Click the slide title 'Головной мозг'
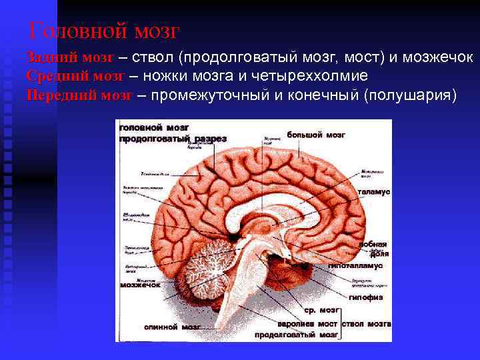tap(105, 31)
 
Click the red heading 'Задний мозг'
tap(70, 58)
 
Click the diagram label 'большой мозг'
tap(315, 135)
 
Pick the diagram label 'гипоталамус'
tap(355, 265)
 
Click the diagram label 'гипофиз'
tap(365, 297)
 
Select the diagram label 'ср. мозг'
tap(322, 311)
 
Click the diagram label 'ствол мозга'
tap(365, 323)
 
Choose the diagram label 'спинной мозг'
tap(169, 327)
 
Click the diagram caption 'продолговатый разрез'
tap(173, 139)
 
